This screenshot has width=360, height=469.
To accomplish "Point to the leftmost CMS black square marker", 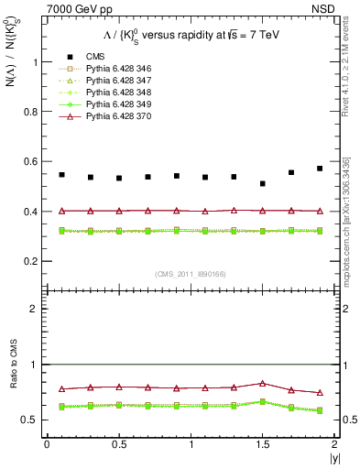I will (61, 174).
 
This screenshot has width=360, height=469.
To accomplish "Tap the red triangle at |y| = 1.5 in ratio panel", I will (263, 383).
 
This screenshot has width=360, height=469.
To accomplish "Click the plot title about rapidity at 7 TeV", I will (190, 36).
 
